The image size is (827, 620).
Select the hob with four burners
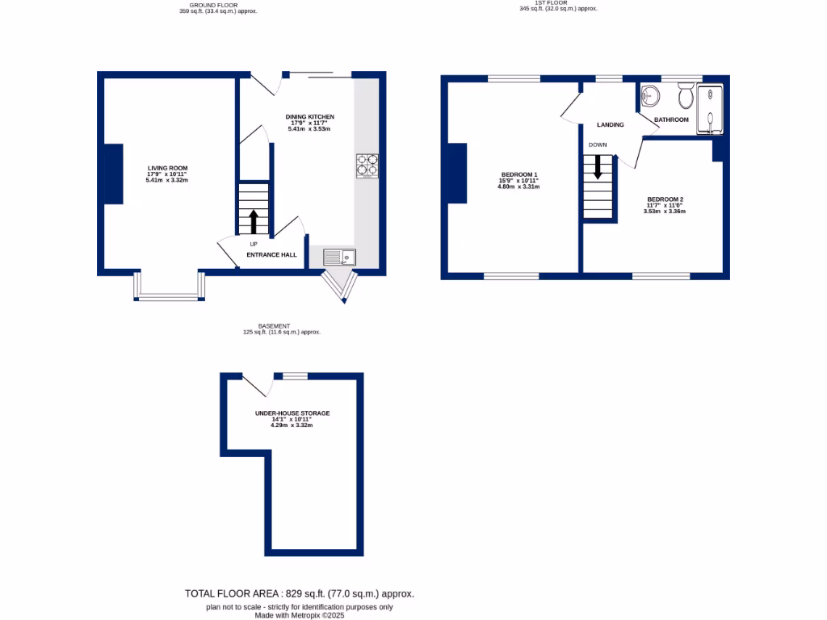(367, 165)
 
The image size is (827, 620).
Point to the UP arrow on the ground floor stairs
(254, 220)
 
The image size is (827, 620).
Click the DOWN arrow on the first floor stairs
(598, 167)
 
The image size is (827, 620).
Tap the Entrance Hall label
(271, 254)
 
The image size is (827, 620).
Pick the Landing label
(610, 125)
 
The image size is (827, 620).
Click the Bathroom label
(671, 119)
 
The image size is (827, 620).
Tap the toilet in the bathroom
(686, 96)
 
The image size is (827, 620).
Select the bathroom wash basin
(650, 96)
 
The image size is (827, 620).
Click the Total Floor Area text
(300, 593)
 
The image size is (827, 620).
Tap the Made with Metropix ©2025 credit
(300, 614)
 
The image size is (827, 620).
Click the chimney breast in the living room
(112, 174)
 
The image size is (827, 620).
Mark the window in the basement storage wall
(295, 375)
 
